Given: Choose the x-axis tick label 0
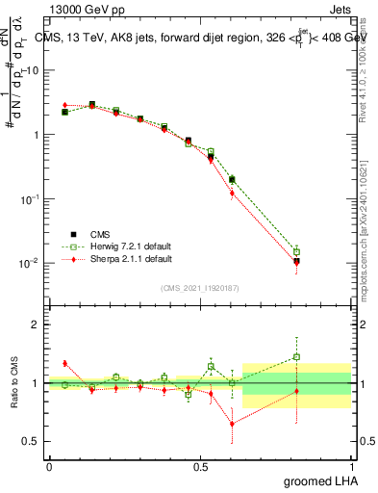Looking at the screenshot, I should click(49, 467).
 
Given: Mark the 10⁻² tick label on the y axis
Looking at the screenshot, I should click(32, 263).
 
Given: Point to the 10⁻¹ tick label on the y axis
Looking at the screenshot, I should click(32, 198).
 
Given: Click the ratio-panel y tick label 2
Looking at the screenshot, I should click(37, 324).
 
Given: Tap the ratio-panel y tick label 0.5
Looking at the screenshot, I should click(33, 441).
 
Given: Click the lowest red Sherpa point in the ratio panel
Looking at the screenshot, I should click(232, 424).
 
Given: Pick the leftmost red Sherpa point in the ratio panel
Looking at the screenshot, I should click(64, 363).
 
